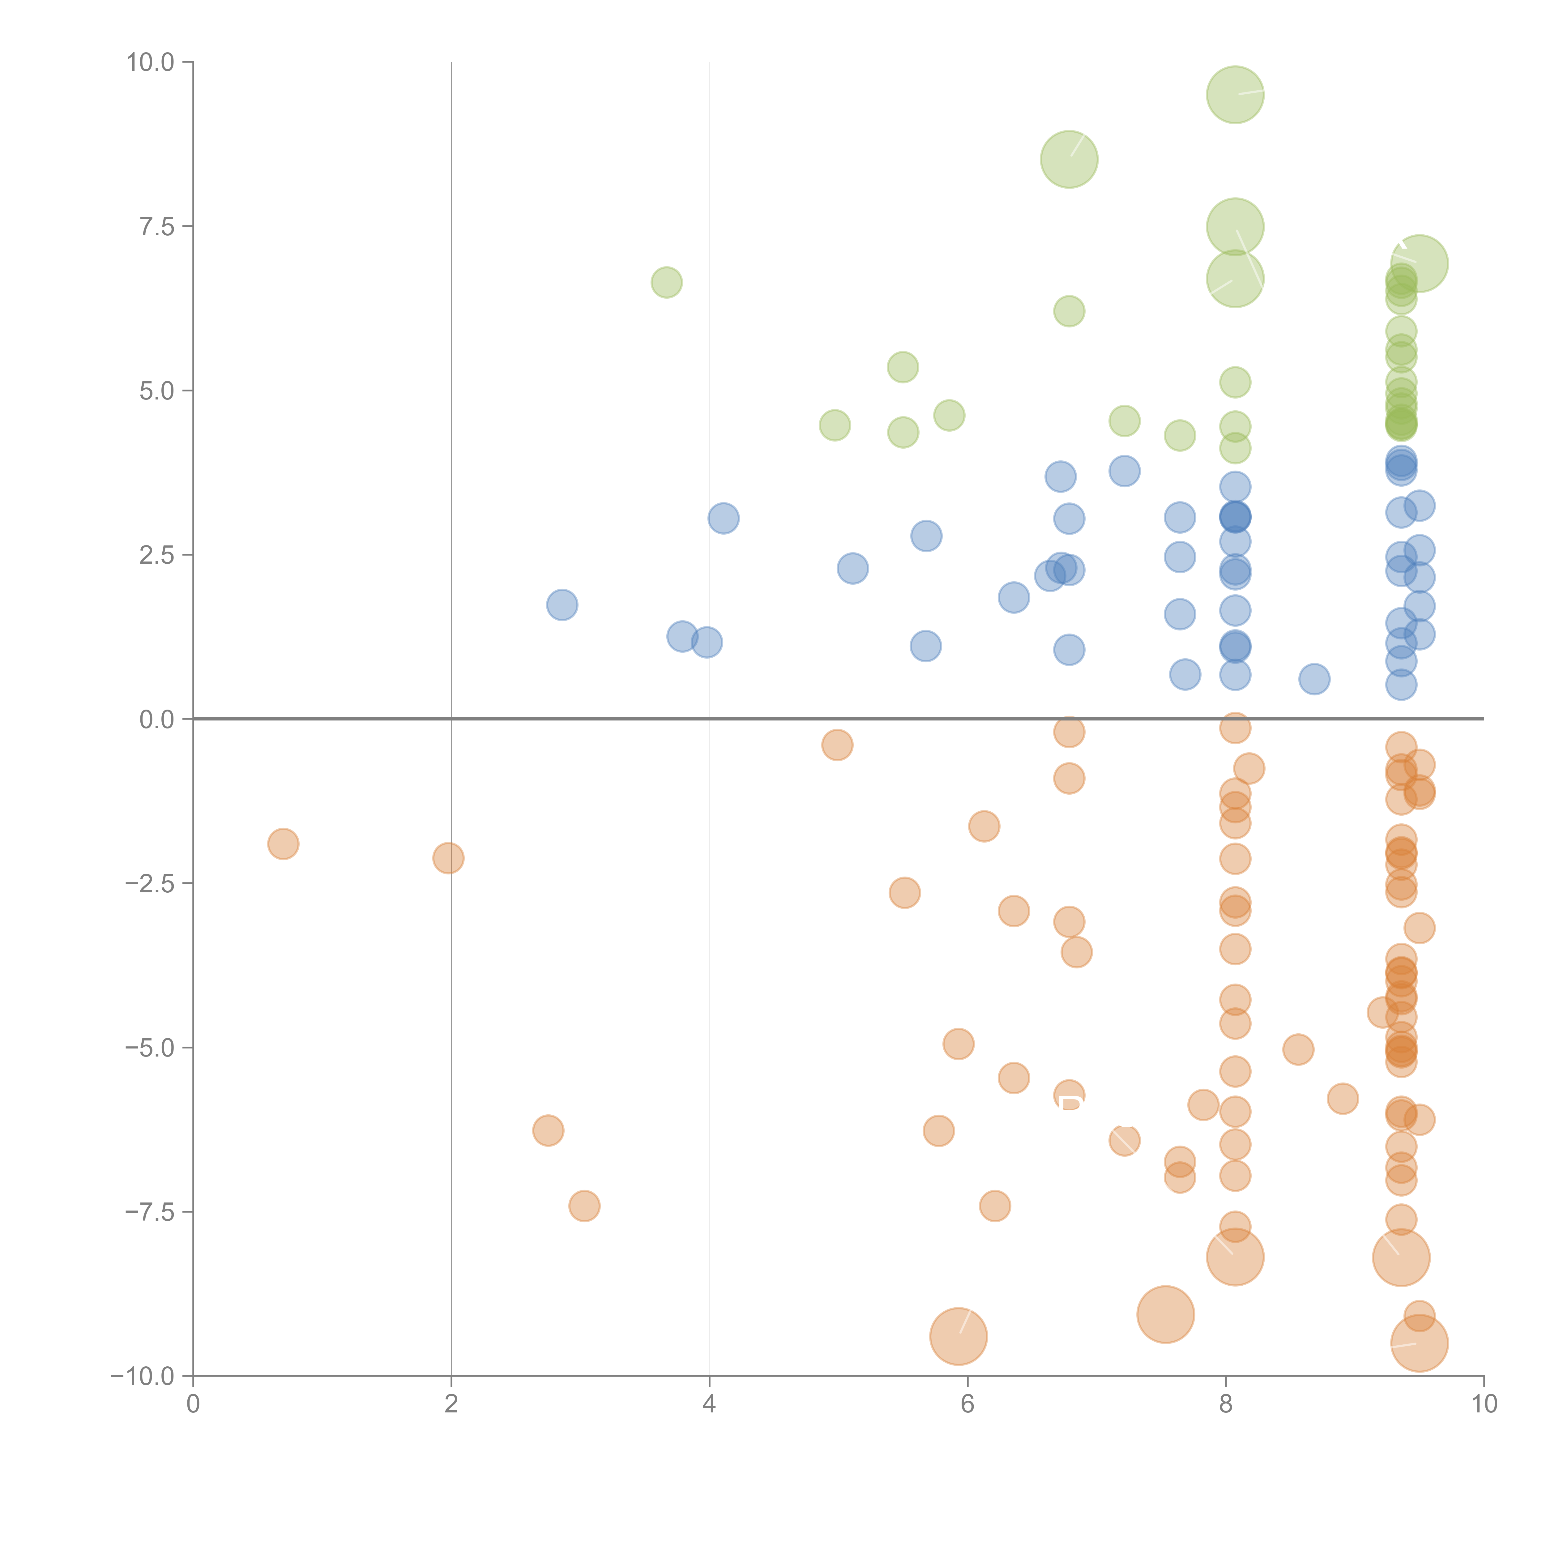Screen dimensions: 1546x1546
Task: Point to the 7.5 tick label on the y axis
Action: pyautogui.click(x=157, y=226)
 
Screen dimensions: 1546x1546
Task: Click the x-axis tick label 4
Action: pyautogui.click(x=709, y=1404)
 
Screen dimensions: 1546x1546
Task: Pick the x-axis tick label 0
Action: pyautogui.click(x=193, y=1404)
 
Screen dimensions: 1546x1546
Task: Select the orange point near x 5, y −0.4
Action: pyautogui.click(x=837, y=745)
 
